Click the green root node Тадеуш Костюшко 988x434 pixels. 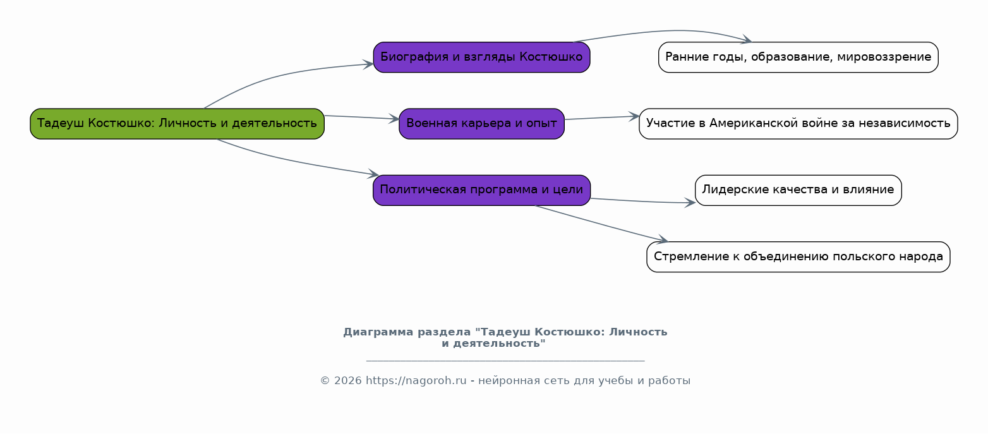[177, 124]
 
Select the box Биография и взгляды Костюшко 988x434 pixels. [481, 57]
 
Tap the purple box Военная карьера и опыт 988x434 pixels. [481, 124]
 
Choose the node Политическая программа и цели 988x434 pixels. [481, 190]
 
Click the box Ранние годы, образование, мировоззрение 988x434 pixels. [798, 57]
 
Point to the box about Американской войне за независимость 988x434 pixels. [798, 124]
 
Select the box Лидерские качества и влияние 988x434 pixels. [798, 190]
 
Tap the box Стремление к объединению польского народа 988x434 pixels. [798, 257]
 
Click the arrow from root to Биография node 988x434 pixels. [278, 76]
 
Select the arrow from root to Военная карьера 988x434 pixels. [360, 118]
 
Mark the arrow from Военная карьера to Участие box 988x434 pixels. [600, 118]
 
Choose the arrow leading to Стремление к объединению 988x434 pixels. [600, 223]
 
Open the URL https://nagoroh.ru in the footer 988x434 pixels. [416, 381]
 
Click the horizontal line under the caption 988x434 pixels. [505, 361]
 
